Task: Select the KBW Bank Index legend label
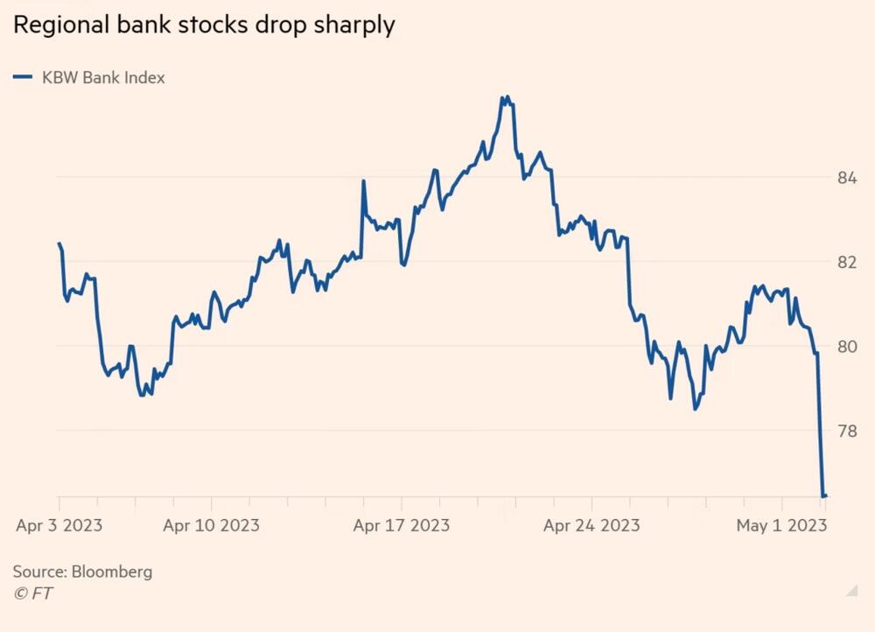[x=103, y=77]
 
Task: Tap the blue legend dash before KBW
[x=23, y=77]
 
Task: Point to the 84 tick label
[x=846, y=179]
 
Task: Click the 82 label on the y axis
[x=846, y=263]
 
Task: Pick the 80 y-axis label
[x=846, y=347]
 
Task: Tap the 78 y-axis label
[x=846, y=431]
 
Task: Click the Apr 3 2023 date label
[x=59, y=525]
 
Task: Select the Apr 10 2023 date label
[x=211, y=525]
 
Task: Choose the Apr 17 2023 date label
[x=401, y=525]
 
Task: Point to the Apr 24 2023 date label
[x=591, y=525]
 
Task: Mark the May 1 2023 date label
[x=781, y=525]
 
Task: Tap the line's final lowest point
[x=824, y=496]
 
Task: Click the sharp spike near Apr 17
[x=363, y=181]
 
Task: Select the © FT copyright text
[x=32, y=593]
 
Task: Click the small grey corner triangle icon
[x=851, y=591]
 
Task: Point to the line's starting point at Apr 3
[x=59, y=243]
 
